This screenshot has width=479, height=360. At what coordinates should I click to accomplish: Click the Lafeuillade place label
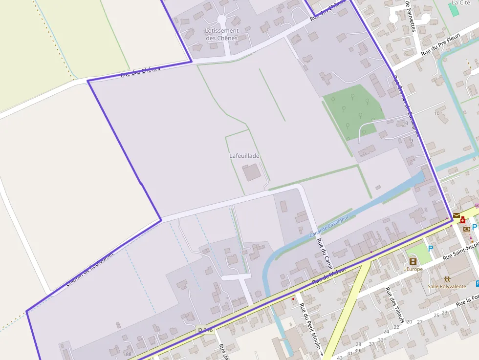click(244, 156)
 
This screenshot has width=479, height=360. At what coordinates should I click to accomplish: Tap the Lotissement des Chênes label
click(221, 34)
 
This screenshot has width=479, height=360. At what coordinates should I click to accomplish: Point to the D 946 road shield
click(206, 330)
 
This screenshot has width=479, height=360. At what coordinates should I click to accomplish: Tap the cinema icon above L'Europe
click(413, 261)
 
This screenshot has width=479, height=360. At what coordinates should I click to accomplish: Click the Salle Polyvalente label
click(447, 286)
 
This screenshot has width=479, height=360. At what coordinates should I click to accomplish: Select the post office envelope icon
click(456, 215)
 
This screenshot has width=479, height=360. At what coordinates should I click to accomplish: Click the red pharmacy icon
click(462, 220)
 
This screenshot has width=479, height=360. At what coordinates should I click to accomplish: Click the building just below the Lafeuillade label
click(252, 172)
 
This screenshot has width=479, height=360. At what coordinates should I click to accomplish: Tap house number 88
click(129, 354)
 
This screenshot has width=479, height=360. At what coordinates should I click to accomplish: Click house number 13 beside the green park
click(405, 123)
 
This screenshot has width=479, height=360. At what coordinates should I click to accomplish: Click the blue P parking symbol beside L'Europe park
click(431, 249)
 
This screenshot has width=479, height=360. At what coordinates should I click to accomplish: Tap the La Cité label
click(461, 2)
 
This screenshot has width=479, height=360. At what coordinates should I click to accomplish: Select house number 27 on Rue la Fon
click(419, 322)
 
